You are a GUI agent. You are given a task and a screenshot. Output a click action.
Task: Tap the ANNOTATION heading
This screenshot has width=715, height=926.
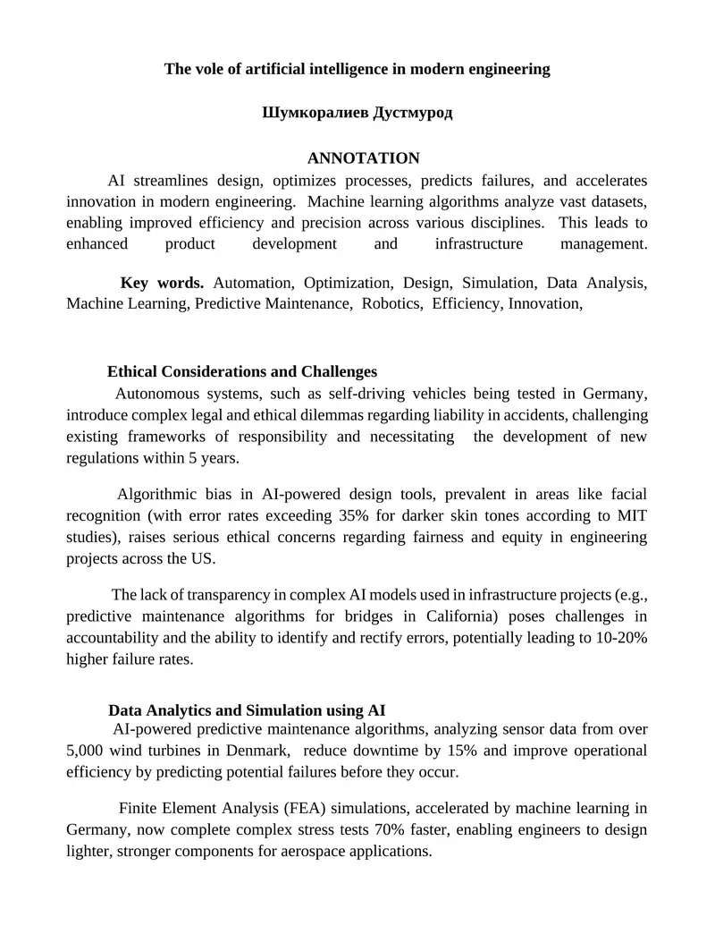click(x=363, y=158)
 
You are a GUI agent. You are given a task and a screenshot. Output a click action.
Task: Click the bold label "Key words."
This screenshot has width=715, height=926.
click(x=162, y=283)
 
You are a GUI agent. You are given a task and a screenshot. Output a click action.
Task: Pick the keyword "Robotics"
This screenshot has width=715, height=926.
click(x=391, y=303)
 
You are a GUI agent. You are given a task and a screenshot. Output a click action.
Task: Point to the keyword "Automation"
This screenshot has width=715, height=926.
click(x=252, y=283)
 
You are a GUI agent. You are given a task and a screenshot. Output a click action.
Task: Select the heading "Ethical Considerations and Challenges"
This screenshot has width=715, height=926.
click(x=242, y=371)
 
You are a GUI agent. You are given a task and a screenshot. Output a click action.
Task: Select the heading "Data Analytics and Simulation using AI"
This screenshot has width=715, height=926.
click(x=247, y=710)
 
